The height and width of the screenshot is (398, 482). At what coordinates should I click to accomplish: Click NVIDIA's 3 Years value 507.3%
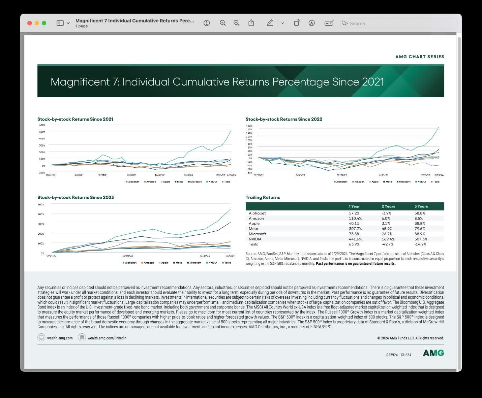tap(421, 239)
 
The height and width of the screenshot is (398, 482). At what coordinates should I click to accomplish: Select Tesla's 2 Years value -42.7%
tap(388, 244)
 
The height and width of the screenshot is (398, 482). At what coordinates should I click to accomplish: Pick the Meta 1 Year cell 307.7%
tap(355, 229)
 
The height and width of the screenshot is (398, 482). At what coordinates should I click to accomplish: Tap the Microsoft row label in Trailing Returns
tap(257, 234)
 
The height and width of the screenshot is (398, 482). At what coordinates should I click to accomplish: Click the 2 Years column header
tap(388, 206)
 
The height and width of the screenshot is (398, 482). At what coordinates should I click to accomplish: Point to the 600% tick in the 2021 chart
tap(42, 125)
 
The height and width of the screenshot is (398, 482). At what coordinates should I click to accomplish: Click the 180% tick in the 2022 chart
tap(249, 126)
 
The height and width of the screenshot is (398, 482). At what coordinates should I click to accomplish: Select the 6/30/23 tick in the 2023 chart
tap(128, 256)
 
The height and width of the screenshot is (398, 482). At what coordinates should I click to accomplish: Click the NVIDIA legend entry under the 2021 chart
tap(212, 182)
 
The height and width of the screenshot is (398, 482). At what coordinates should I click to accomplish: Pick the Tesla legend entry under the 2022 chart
tap(436, 182)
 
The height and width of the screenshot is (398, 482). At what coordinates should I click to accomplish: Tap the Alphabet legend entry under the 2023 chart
tap(130, 263)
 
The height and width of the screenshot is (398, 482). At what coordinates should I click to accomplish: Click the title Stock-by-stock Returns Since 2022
tap(284, 119)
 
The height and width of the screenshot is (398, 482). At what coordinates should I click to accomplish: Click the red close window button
tap(29, 23)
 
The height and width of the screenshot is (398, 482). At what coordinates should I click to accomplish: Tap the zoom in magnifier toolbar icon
tap(237, 23)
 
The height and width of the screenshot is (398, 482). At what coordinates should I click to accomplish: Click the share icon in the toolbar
tap(251, 23)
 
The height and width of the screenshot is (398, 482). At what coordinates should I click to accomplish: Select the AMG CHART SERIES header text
tap(420, 57)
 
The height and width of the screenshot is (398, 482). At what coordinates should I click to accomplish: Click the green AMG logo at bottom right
tap(433, 353)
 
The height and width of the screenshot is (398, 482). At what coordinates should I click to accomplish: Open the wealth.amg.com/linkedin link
tap(107, 338)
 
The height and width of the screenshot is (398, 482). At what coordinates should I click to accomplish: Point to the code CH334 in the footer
tap(406, 355)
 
